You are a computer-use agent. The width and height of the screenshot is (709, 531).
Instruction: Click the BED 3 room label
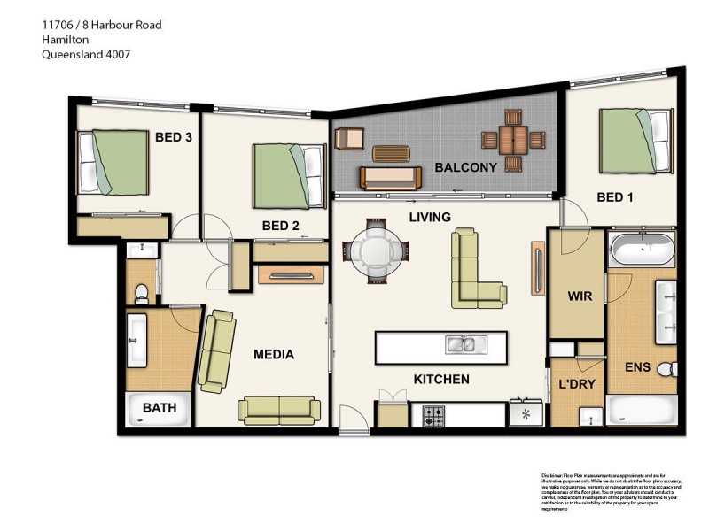[x=174, y=137]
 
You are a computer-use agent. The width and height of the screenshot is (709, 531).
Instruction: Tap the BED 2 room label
[x=280, y=226]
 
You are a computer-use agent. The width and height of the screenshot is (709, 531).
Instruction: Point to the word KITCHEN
[x=441, y=380]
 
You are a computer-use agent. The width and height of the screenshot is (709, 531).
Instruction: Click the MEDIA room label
[x=274, y=355]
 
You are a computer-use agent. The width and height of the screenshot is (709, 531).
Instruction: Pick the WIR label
[x=580, y=296]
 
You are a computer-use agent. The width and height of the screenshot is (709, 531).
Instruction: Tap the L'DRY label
[x=576, y=386]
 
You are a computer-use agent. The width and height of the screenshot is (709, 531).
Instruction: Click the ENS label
[x=636, y=366]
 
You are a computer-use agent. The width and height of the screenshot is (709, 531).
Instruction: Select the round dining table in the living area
[x=376, y=252]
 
